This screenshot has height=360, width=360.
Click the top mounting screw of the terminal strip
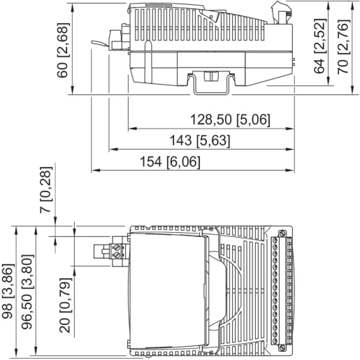tap(281, 233)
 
